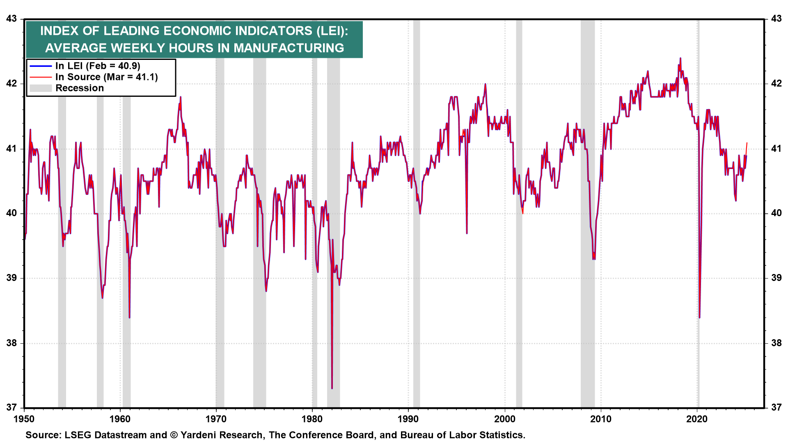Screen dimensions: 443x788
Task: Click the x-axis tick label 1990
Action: [x=408, y=419]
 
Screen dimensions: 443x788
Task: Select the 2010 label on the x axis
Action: [x=601, y=419]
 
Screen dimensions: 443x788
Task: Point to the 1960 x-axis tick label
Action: [x=120, y=419]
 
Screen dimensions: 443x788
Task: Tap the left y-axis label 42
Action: [x=11, y=84]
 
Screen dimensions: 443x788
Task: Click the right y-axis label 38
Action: [x=776, y=343]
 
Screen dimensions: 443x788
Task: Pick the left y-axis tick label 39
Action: [x=11, y=278]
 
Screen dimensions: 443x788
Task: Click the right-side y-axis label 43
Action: [x=776, y=19]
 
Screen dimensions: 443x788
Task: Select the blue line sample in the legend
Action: [x=41, y=66]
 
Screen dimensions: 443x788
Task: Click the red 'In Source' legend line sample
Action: [x=41, y=77]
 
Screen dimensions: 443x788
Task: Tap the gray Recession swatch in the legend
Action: [x=41, y=88]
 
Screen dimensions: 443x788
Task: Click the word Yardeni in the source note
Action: [x=200, y=435]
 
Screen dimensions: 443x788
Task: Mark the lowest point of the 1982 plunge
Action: [x=332, y=388]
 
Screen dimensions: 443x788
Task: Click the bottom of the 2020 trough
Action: [x=699, y=317]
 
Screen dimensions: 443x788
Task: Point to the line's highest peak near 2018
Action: [x=680, y=58]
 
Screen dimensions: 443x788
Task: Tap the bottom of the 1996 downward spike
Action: [x=467, y=233]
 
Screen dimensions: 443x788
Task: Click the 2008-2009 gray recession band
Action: [x=587, y=213]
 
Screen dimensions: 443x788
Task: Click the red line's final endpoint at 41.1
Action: [x=747, y=143]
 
